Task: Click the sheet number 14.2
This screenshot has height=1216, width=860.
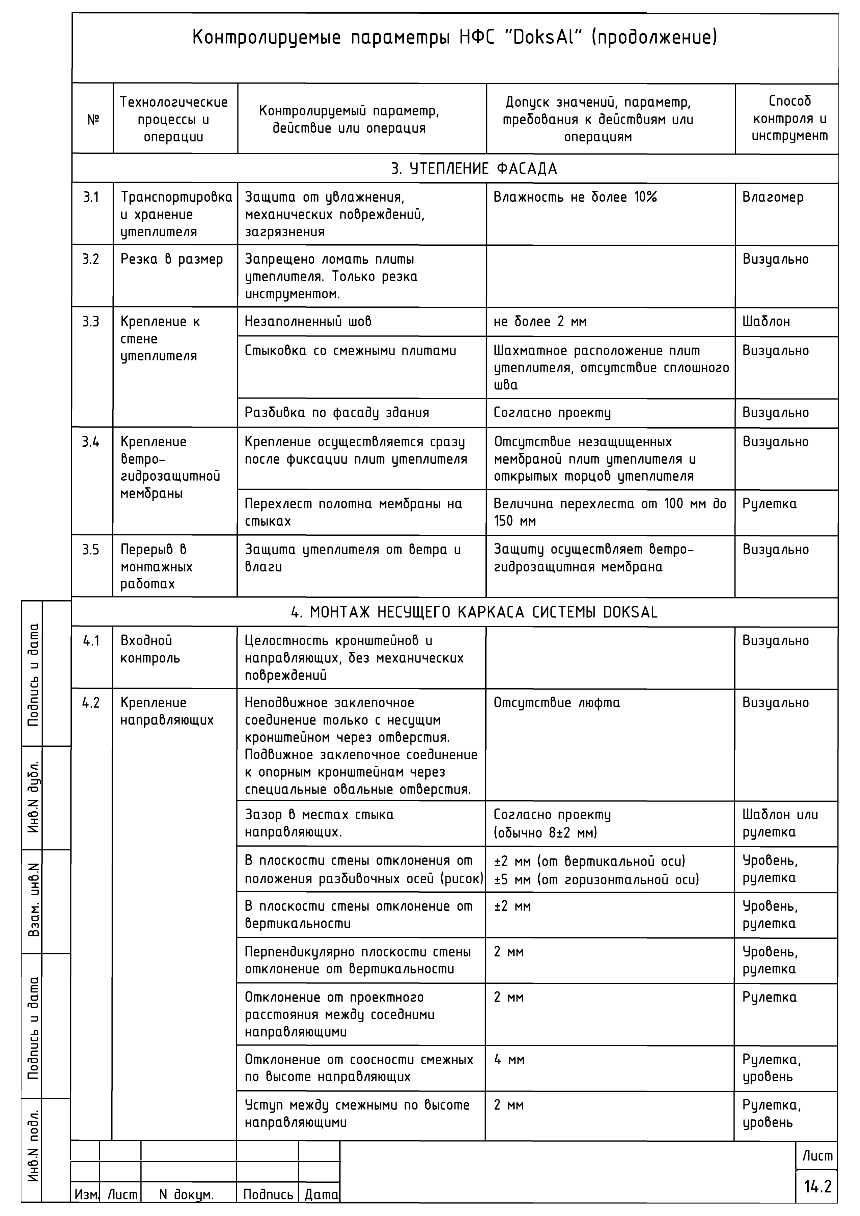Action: (x=818, y=1186)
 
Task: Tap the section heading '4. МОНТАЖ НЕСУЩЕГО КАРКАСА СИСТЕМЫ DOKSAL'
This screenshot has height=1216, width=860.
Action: (x=474, y=612)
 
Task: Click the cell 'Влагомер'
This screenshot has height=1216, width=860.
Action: (x=773, y=198)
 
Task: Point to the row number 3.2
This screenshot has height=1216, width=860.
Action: (x=90, y=260)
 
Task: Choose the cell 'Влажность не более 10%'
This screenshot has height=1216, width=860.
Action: (x=575, y=198)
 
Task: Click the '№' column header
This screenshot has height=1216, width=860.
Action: (x=93, y=120)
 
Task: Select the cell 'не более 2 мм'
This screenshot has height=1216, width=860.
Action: (x=540, y=322)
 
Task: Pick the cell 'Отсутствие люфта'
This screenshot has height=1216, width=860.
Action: (x=556, y=703)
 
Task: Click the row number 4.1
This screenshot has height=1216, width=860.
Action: (x=91, y=641)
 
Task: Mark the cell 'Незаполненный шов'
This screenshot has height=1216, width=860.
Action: (x=308, y=322)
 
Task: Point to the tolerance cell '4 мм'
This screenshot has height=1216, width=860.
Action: (x=509, y=1060)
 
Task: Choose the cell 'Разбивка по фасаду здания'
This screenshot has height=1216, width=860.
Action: (x=337, y=413)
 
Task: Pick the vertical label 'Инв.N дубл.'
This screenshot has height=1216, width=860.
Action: (x=34, y=797)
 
